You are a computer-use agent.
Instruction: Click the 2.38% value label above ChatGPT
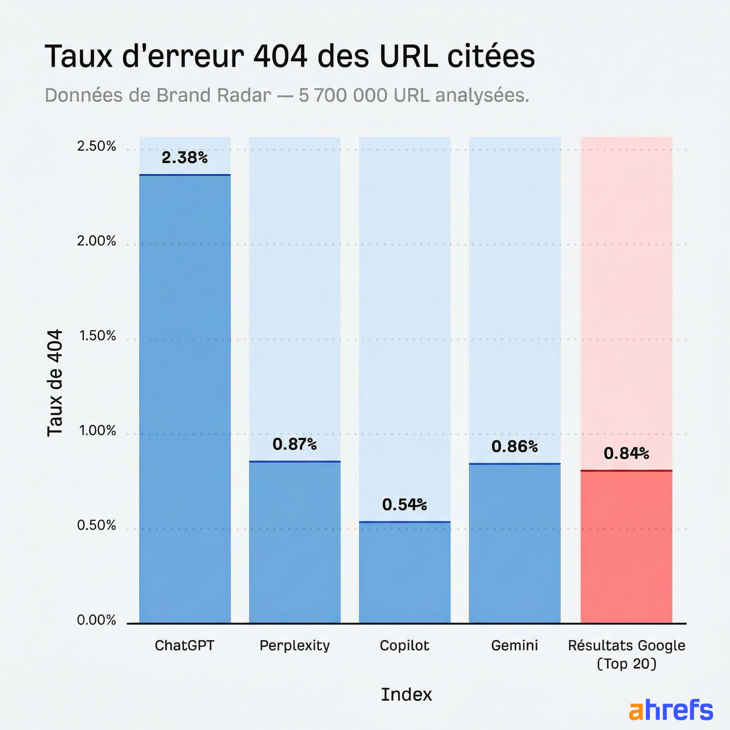click(x=184, y=158)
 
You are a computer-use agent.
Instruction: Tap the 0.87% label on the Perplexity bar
click(x=294, y=444)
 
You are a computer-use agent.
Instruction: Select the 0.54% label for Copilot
click(x=404, y=505)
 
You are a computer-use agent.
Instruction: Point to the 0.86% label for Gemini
click(x=514, y=447)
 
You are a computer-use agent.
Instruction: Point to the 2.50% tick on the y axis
click(x=96, y=146)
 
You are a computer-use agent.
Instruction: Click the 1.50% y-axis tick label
click(x=97, y=335)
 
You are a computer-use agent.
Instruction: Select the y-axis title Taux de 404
click(x=55, y=383)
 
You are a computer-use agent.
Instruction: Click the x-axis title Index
click(x=406, y=694)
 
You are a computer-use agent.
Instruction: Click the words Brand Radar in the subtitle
click(x=214, y=95)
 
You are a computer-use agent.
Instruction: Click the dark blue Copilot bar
click(x=404, y=572)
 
